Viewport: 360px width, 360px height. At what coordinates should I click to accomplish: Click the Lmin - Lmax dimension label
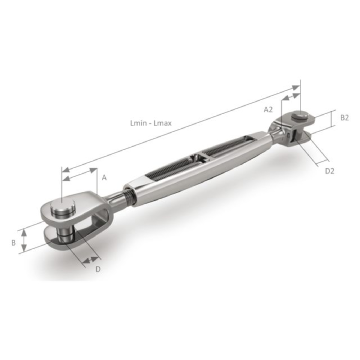pyautogui.click(x=151, y=123)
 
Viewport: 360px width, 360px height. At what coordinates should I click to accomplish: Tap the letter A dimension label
pyautogui.click(x=104, y=177)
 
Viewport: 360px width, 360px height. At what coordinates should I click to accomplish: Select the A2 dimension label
pyautogui.click(x=268, y=110)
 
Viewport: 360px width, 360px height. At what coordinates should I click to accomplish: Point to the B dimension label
pyautogui.click(x=14, y=243)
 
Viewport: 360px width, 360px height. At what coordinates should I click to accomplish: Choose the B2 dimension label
pyautogui.click(x=345, y=118)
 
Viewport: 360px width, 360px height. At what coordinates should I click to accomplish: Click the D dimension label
pyautogui.click(x=98, y=269)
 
